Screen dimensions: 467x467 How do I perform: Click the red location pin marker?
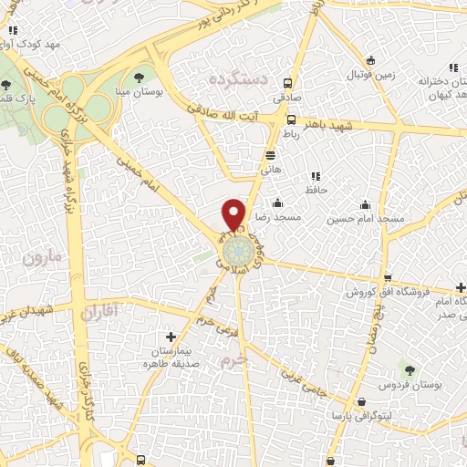pyautogui.click(x=234, y=214)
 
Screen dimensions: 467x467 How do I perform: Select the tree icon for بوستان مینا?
pyautogui.click(x=139, y=77)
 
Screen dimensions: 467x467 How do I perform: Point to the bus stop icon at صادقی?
pyautogui.click(x=288, y=80)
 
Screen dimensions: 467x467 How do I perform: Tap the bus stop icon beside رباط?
pyautogui.click(x=291, y=119)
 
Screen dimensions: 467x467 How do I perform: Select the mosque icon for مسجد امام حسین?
pyautogui.click(x=366, y=204)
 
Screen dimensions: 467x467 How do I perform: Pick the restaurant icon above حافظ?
pyautogui.click(x=316, y=176)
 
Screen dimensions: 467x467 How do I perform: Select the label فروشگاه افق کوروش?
pyautogui.click(x=388, y=292)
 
